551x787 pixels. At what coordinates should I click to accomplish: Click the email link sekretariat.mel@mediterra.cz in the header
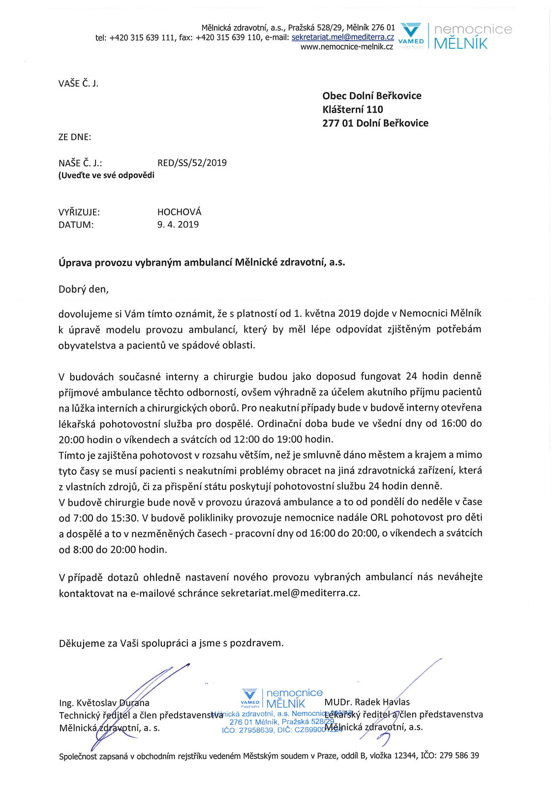point(342,37)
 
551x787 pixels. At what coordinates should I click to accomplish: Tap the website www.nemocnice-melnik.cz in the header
point(346,47)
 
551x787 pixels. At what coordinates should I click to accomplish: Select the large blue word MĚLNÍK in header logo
point(460,44)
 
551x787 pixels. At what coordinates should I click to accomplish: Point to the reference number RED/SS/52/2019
point(192,163)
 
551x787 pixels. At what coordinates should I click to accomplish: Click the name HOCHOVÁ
point(179,212)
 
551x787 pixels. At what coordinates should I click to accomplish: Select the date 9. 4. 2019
point(178,225)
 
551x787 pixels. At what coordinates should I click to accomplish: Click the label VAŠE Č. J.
point(78,84)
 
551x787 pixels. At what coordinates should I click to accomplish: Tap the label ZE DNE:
point(75,137)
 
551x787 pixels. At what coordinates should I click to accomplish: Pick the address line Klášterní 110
point(352,110)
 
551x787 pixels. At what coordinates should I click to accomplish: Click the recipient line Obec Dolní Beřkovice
point(371,96)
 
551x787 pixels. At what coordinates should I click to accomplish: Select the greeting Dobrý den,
point(84,289)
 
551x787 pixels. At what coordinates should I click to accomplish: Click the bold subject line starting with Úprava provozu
point(202,263)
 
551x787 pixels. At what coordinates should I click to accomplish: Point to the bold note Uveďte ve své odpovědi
point(106,176)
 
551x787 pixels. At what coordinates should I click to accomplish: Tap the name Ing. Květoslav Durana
point(104,703)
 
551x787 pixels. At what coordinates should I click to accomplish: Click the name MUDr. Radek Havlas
point(367,702)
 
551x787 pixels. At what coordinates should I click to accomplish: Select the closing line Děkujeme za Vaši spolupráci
point(171,643)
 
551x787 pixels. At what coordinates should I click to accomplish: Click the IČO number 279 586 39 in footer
point(459,756)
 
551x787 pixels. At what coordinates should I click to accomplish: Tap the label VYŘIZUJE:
point(79,212)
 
